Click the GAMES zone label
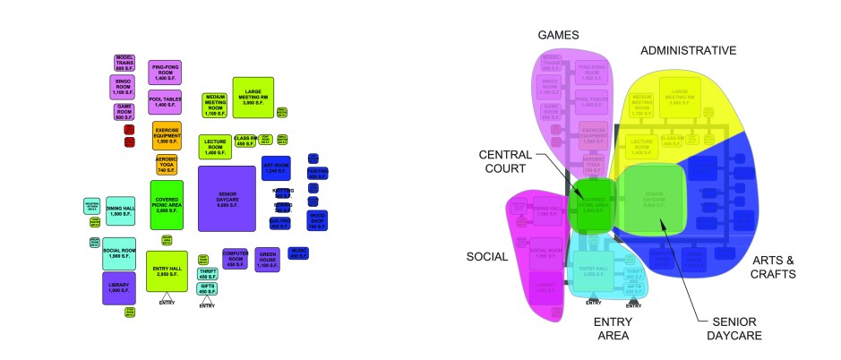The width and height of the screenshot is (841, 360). point(558,35)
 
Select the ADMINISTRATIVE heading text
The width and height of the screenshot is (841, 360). point(689,50)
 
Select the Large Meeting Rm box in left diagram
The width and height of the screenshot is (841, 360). point(252,97)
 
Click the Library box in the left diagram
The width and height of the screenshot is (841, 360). point(119,288)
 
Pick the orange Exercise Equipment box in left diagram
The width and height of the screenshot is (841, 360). point(167,135)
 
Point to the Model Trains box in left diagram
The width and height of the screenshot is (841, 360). point(124,63)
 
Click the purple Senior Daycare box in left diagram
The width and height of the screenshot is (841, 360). point(227,198)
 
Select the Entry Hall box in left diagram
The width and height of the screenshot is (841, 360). point(167,271)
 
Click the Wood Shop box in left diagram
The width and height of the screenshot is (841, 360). point(317,219)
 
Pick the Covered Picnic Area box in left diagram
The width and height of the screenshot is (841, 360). point(167,204)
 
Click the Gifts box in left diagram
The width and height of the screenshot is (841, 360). point(206,288)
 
